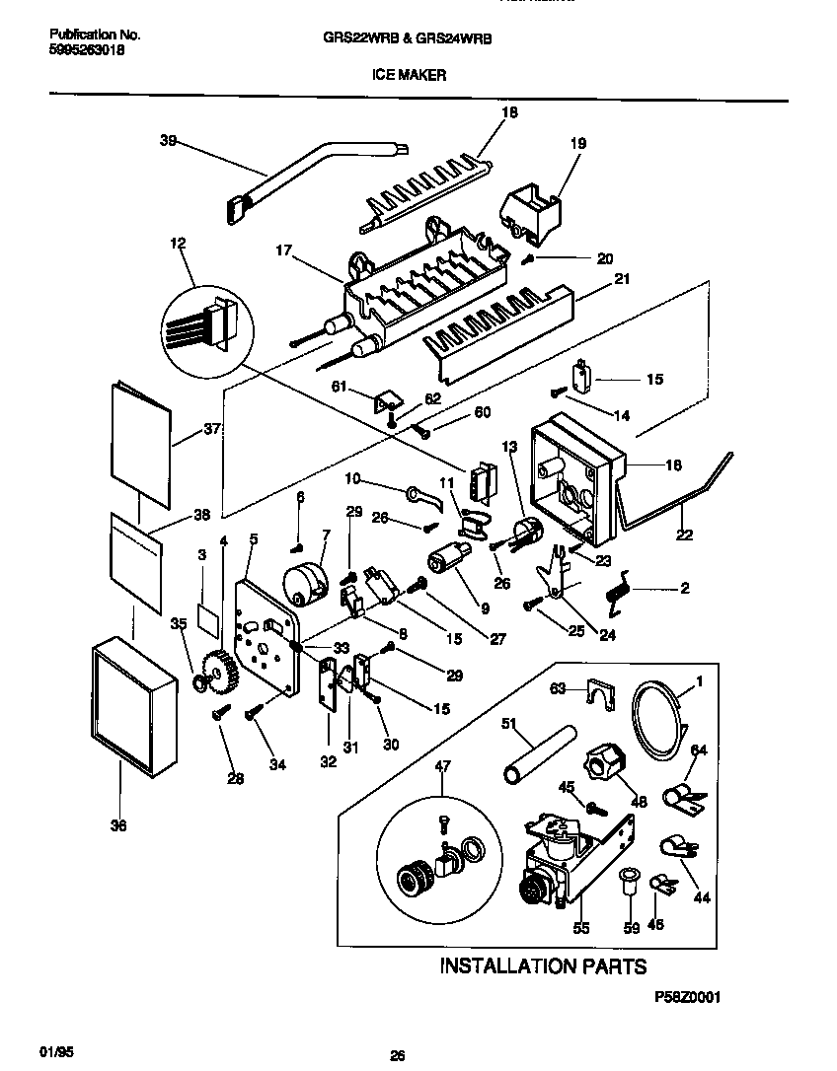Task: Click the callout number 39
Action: point(168,141)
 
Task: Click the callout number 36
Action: point(118,826)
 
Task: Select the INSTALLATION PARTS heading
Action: point(543,965)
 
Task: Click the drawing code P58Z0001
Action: point(687,998)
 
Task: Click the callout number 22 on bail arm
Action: point(684,535)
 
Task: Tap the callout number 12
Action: point(177,243)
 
